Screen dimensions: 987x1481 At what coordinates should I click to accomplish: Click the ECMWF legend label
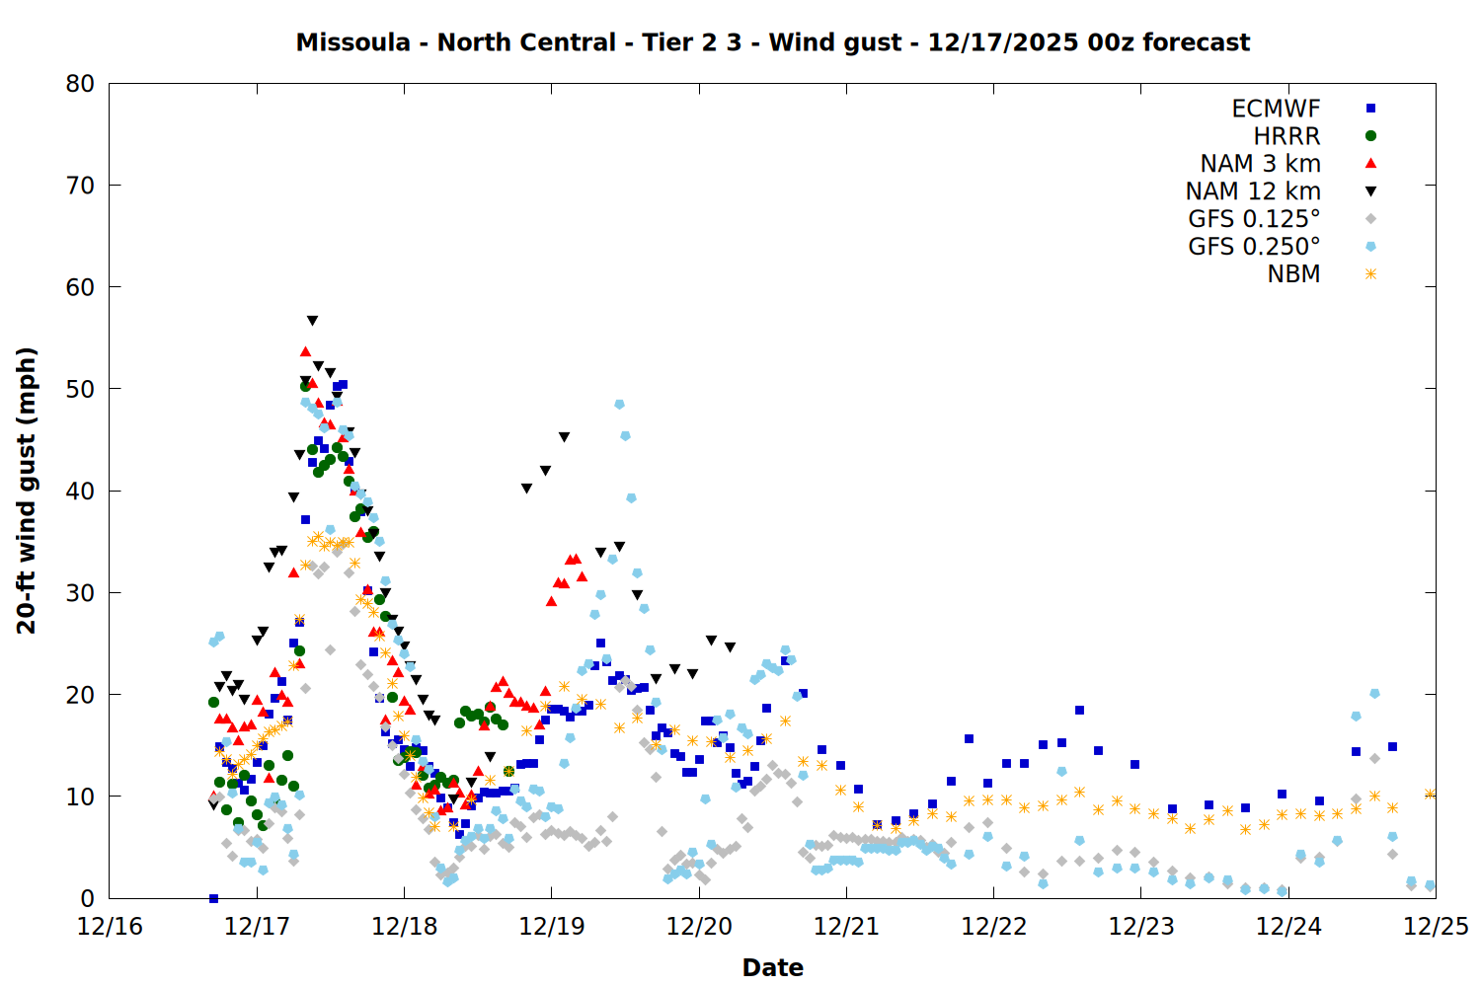pos(1276,109)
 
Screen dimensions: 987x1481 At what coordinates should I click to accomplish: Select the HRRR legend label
pos(1286,136)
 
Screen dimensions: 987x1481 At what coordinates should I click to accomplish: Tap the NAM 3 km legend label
pos(1260,164)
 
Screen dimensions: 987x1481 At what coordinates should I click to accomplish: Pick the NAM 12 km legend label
pos(1253,191)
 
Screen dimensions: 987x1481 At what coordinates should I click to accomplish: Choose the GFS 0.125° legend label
pos(1254,219)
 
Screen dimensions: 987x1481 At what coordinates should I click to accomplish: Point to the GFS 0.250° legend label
pos(1254,247)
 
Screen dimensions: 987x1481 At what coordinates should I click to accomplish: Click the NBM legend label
pos(1293,274)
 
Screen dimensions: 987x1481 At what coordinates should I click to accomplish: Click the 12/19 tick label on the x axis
pos(551,927)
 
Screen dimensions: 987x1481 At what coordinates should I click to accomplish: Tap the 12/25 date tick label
pos(1436,927)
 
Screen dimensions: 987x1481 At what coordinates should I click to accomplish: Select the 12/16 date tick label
pos(110,927)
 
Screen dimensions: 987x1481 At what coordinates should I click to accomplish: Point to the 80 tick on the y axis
pos(80,84)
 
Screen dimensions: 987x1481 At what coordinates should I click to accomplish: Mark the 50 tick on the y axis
pos(80,389)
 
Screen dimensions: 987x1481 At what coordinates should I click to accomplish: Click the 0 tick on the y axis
pos(88,898)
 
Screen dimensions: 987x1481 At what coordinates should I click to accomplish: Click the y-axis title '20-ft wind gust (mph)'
pos(27,491)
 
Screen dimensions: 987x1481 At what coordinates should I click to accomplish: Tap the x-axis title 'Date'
pos(772,967)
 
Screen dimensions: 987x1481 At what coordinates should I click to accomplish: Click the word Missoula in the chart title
pos(352,42)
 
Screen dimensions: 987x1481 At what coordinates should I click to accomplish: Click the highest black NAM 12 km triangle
pos(312,321)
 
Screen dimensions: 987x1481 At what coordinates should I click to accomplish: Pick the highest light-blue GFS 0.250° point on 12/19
pos(619,405)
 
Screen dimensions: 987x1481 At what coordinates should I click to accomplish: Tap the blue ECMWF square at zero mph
pos(213,898)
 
